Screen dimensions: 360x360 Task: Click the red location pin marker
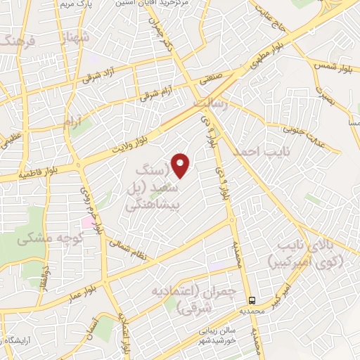(x=181, y=165)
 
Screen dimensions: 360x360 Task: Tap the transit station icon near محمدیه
(x=251, y=297)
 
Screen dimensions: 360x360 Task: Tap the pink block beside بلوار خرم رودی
(x=87, y=222)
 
